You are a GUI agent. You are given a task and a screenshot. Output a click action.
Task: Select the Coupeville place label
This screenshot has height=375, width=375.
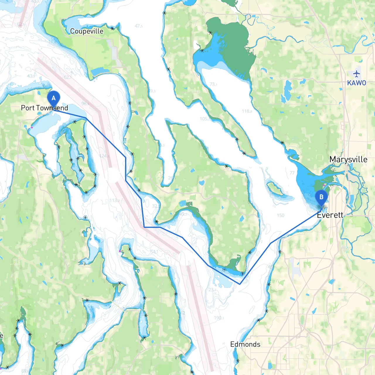[x=87, y=31]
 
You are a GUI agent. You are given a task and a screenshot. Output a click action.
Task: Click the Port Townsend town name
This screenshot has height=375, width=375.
[x=45, y=108]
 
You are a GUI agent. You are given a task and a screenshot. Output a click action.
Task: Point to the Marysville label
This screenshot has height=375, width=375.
[x=348, y=160]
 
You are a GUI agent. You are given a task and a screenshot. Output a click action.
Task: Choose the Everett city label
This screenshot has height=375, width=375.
[x=330, y=215]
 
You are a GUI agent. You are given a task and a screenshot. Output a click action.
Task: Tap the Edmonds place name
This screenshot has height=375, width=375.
[x=245, y=344]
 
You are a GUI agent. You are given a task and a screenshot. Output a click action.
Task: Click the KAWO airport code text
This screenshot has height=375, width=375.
[x=357, y=83]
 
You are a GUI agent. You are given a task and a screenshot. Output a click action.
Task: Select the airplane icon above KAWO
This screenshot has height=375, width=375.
[x=357, y=74]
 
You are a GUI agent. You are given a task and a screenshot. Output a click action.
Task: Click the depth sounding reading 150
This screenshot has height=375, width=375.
[x=280, y=215]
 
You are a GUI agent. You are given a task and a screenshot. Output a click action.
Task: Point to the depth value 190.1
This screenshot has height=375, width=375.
[x=219, y=318]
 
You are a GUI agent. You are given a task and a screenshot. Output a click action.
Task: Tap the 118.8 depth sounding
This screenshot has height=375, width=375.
[x=247, y=111]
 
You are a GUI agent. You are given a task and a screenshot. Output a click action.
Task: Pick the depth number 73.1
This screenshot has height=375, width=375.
[x=213, y=84]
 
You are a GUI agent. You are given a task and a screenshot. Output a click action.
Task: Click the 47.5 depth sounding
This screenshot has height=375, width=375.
[x=139, y=26]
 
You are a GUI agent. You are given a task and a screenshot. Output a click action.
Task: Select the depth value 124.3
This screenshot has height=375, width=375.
[x=104, y=156]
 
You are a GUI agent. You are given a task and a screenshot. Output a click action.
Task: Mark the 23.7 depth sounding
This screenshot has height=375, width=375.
[x=212, y=289]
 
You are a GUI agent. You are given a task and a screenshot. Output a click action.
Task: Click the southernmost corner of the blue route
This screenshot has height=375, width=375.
[x=240, y=284]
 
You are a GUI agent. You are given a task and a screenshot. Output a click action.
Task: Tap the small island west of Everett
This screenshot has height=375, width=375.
[x=275, y=188]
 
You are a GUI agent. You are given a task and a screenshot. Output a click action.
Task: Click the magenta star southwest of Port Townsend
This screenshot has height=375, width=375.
[x=32, y=127]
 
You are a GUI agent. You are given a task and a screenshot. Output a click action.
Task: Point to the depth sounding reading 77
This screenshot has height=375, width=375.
[x=292, y=173]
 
